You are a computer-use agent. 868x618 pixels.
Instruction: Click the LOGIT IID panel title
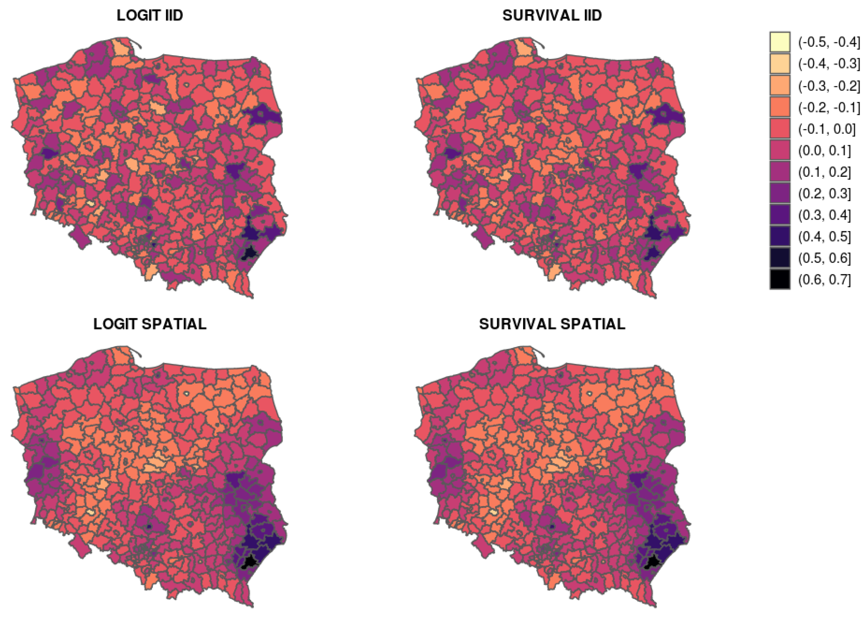(x=150, y=15)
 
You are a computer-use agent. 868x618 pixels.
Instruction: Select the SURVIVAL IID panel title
(x=552, y=15)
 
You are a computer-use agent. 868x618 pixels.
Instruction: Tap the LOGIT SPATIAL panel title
(x=150, y=324)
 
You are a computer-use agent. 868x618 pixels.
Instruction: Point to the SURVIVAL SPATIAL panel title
(x=552, y=324)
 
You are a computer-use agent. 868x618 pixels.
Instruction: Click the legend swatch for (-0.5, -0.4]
(x=780, y=42)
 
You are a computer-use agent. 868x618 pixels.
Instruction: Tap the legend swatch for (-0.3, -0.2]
(x=780, y=86)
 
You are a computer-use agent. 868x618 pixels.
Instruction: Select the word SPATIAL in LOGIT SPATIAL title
(x=174, y=324)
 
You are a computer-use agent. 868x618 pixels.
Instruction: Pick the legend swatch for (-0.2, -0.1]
(x=780, y=107)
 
